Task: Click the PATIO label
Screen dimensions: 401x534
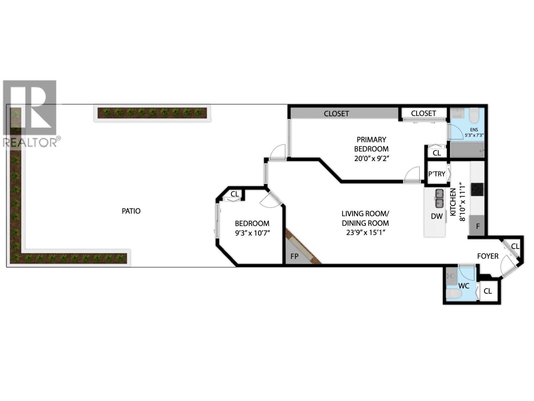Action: (x=131, y=211)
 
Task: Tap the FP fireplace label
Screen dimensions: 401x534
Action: (x=294, y=256)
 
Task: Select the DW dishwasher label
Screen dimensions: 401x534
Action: (x=437, y=216)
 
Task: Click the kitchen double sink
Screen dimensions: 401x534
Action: (x=439, y=198)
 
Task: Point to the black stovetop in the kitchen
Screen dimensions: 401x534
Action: (x=477, y=189)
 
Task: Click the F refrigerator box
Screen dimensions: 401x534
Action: (x=477, y=226)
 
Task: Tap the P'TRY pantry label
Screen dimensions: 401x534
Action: (x=437, y=174)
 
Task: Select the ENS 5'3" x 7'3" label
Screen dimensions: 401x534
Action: (x=474, y=133)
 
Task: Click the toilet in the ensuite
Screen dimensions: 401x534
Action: (x=474, y=116)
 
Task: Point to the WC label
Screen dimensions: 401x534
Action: (x=464, y=286)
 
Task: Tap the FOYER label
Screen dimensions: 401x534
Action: (x=488, y=256)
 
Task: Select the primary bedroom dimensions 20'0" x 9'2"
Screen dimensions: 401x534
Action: (x=372, y=158)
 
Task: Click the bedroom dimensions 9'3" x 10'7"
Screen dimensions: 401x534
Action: (x=252, y=233)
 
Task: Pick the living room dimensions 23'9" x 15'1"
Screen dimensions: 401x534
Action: (x=365, y=232)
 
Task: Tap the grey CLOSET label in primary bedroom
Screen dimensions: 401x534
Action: (x=336, y=114)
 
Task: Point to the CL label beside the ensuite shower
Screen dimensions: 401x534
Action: (x=437, y=153)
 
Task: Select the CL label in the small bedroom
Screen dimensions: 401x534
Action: (x=235, y=194)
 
